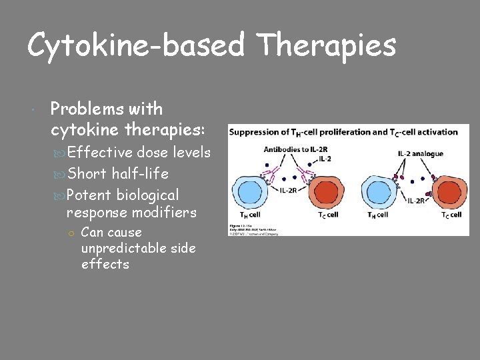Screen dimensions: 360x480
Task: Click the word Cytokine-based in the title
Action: (137, 46)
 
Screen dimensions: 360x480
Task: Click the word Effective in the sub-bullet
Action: (100, 153)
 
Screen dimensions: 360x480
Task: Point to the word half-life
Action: (140, 174)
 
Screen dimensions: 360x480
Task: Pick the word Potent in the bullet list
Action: (89, 195)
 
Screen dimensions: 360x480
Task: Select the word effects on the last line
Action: (105, 265)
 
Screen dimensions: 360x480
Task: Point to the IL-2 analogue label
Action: (420, 154)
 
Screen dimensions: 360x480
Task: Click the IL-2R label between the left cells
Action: (288, 191)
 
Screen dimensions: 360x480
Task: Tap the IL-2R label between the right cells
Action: (417, 200)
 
